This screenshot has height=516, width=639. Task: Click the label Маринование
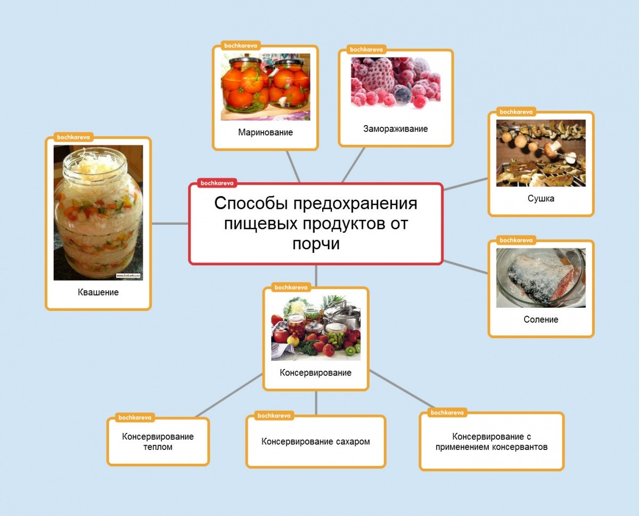[x=265, y=132]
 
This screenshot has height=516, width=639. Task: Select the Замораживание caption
[x=396, y=129]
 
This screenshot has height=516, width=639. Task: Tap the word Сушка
[x=540, y=198]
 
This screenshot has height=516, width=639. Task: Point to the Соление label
[x=540, y=319]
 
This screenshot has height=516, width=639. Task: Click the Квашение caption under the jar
[x=98, y=292]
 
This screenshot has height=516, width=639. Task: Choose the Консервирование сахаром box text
[x=315, y=441]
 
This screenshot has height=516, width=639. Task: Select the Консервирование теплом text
[x=158, y=441]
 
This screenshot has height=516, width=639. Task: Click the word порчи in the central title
[x=316, y=243]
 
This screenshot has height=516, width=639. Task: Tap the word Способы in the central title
[x=251, y=203]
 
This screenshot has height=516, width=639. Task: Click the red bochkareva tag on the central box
[x=217, y=183]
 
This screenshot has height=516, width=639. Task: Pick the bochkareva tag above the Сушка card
[x=515, y=112]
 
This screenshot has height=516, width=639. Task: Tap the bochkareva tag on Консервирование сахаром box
[x=274, y=415]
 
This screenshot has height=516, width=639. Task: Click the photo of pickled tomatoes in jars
[x=265, y=87]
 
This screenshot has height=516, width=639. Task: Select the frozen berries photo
[x=396, y=83]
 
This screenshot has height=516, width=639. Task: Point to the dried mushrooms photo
[x=540, y=153]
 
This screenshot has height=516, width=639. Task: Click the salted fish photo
[x=540, y=277]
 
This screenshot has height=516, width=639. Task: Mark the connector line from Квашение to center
[x=170, y=224]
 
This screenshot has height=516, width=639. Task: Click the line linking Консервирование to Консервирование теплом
[x=229, y=396]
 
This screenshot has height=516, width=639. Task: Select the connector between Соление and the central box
[x=466, y=267]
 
